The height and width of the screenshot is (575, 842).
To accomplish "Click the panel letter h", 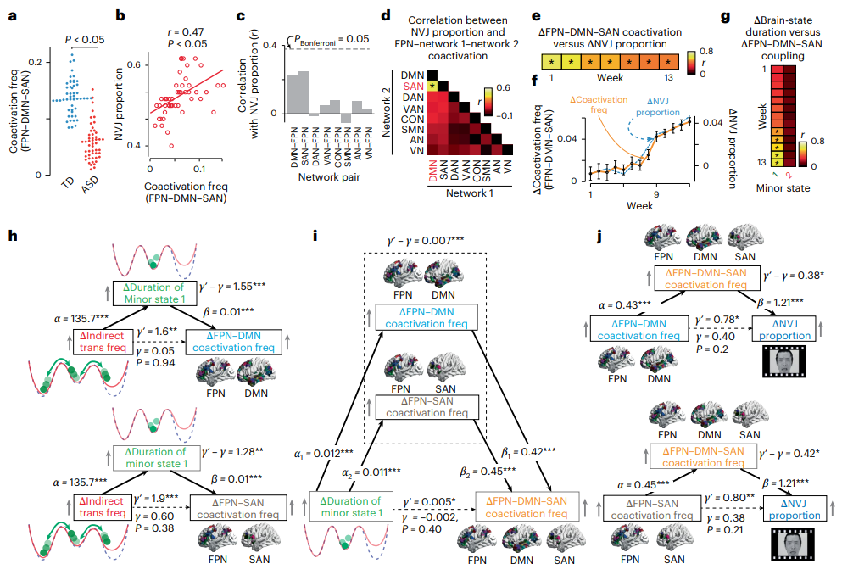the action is (x=13, y=236).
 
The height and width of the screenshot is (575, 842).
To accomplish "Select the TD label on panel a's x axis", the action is (x=68, y=182).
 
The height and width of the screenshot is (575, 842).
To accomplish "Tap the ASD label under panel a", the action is (x=90, y=185).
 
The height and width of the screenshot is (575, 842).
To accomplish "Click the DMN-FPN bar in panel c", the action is (x=293, y=94).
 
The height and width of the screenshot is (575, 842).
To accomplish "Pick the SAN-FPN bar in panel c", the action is (x=304, y=92).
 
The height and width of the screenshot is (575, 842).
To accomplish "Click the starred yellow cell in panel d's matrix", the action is (x=432, y=86).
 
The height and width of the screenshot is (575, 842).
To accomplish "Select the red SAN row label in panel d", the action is (x=414, y=86).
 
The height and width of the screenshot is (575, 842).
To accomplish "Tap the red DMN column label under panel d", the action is (x=432, y=170).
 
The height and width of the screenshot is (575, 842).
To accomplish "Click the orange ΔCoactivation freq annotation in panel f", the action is (x=599, y=104).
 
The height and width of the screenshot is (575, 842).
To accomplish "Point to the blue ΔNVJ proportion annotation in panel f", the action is (x=658, y=107).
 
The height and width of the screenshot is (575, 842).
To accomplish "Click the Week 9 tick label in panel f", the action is (x=656, y=194).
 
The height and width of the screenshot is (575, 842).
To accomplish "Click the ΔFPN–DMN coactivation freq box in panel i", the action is (x=427, y=317).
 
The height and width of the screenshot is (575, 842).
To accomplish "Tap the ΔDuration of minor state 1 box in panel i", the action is (x=351, y=507).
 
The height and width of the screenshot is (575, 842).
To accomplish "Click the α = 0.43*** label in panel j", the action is (x=625, y=305).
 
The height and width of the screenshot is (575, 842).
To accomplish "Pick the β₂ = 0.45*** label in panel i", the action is (x=488, y=472).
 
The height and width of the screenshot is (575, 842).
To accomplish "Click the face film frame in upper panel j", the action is (x=784, y=360).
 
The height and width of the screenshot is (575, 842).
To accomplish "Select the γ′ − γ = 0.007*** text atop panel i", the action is (x=426, y=241).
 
